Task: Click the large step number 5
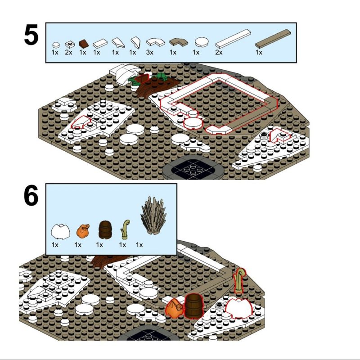(31, 35)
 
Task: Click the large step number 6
(31, 195)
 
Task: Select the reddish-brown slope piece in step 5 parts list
(84, 43)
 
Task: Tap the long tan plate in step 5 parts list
(273, 39)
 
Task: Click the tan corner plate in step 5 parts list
(178, 42)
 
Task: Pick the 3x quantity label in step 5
(150, 52)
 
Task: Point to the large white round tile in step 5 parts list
(202, 42)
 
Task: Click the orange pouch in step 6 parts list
(83, 231)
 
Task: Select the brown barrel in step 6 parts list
(105, 230)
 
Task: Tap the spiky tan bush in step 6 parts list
(153, 216)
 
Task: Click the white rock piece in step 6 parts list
(60, 232)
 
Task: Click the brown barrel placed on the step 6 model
(194, 306)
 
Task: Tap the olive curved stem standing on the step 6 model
(239, 280)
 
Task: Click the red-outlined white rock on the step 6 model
(239, 308)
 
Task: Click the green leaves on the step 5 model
(147, 78)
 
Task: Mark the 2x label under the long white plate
(219, 52)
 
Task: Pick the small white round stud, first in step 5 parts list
(56, 45)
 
